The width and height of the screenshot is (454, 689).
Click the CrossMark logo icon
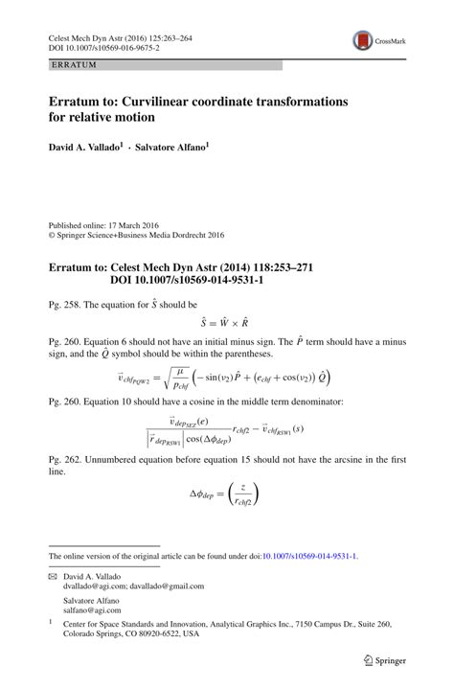pyautogui.click(x=365, y=41)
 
